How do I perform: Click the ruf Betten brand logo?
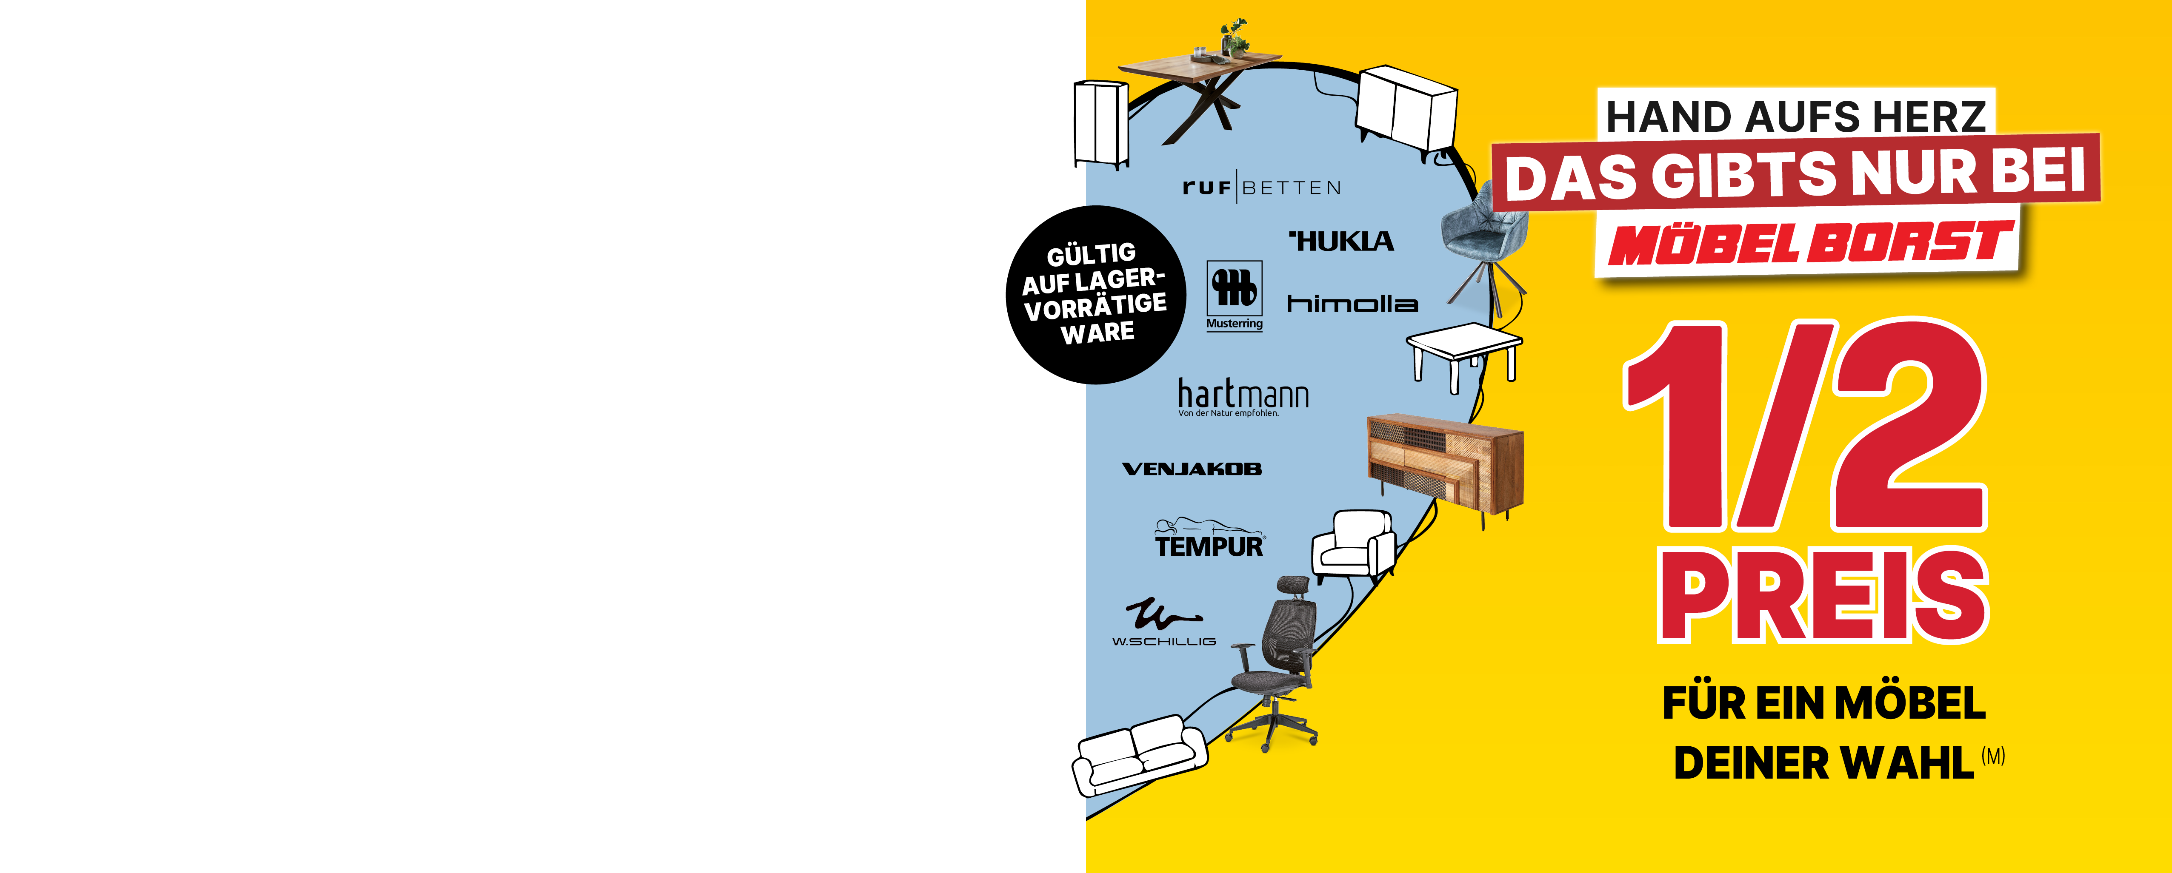pyautogui.click(x=1261, y=187)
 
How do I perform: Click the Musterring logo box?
pyautogui.click(x=1235, y=296)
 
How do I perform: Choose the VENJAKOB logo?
pyautogui.click(x=1192, y=469)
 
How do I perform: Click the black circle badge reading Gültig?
pyautogui.click(x=1096, y=295)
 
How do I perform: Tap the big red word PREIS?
pyautogui.click(x=1823, y=595)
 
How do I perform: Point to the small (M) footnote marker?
pyautogui.click(x=1993, y=756)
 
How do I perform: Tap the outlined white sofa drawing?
pyautogui.click(x=1138, y=755)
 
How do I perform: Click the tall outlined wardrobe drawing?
pyautogui.click(x=1100, y=125)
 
